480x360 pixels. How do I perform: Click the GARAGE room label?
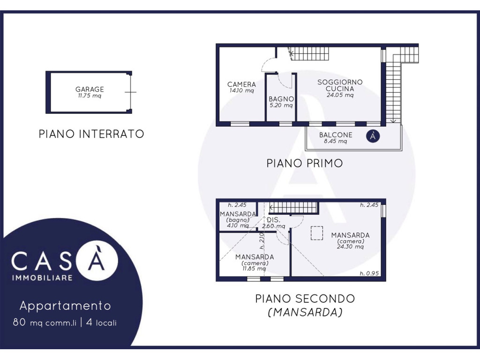[x=90, y=90]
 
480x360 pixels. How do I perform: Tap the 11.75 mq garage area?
[x=90, y=96]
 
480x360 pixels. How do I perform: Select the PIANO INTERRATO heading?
[x=91, y=134]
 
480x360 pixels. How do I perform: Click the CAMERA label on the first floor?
[x=241, y=84]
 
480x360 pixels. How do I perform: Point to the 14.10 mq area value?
[x=241, y=90]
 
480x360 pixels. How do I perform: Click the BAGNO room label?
[x=281, y=99]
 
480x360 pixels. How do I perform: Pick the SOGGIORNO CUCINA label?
[x=340, y=85]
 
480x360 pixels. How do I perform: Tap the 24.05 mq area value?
[x=340, y=95]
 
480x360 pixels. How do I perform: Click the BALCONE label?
[x=336, y=135]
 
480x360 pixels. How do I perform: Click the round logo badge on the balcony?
[x=373, y=136]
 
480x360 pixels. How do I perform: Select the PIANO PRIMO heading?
[x=305, y=164]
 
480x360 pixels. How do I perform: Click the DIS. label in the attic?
[x=273, y=220]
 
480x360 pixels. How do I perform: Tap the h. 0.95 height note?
[x=369, y=273]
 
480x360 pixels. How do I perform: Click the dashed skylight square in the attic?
[x=317, y=233]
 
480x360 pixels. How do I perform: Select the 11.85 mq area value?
[x=254, y=269]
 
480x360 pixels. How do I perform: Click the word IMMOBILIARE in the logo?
[x=42, y=278]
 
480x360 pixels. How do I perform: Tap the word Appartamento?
[x=65, y=306]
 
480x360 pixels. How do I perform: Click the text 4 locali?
[x=101, y=322]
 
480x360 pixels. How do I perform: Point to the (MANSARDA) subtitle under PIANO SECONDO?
[x=305, y=312]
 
